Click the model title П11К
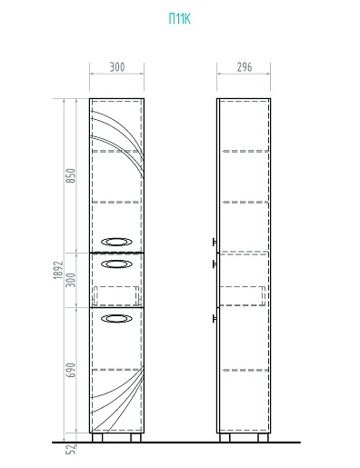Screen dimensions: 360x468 point(179,19)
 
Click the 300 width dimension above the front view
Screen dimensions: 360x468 point(117,67)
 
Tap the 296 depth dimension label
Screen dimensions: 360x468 point(245,67)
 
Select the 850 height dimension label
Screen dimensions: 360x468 point(70,175)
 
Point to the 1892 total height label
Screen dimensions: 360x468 point(58,270)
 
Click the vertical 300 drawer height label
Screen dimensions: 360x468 point(70,280)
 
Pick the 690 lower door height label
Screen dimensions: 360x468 point(70,370)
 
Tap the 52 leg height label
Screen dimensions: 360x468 point(71,449)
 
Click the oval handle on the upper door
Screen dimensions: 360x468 point(116,242)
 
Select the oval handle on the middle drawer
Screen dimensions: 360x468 point(116,264)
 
